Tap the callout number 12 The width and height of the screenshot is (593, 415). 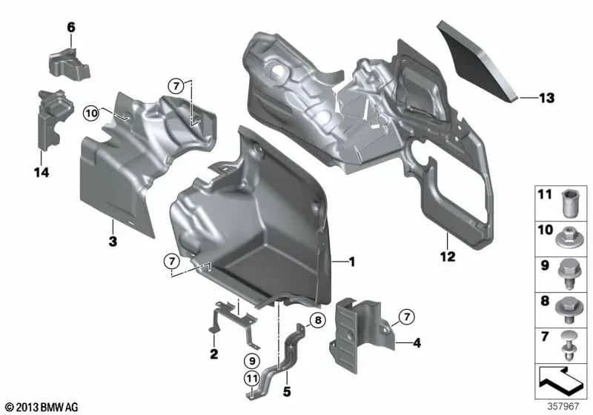448,257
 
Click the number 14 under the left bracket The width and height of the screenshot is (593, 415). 40,173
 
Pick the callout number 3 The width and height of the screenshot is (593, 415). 112,242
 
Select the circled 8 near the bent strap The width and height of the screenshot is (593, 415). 317,321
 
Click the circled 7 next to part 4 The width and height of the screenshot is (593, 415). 407,319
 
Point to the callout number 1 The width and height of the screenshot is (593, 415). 352,262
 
